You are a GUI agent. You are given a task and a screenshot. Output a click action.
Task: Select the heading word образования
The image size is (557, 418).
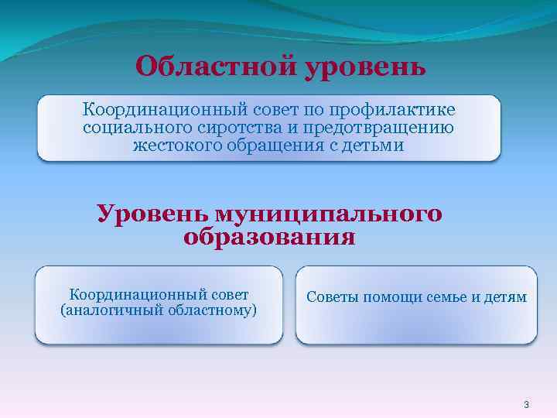(x=269, y=237)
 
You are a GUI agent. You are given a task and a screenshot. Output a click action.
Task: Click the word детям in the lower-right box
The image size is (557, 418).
(x=504, y=296)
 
